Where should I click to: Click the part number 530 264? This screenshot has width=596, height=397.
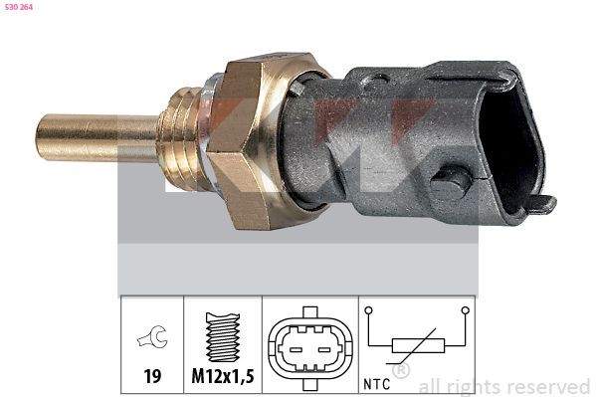point(21,8)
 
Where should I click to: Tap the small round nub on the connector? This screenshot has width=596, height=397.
point(450,185)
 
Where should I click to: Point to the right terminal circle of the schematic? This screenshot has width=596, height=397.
point(464,311)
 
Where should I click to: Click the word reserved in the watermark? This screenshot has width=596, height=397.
point(548,386)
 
